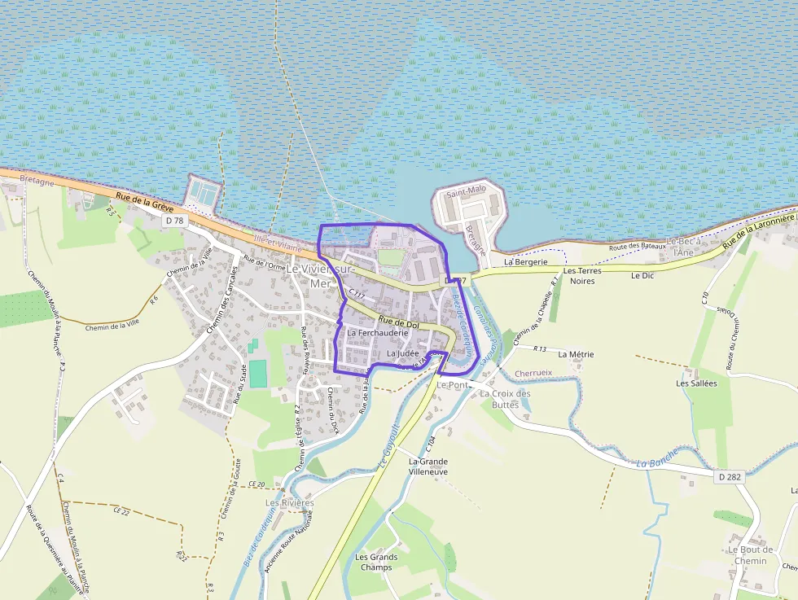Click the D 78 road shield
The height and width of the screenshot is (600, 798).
(173, 220)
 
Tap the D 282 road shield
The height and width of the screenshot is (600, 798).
(730, 476)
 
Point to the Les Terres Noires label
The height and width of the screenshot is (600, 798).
(581, 275)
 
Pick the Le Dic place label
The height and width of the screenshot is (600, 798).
(642, 275)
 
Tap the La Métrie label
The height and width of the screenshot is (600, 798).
(576, 354)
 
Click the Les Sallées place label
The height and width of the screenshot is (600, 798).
(696, 383)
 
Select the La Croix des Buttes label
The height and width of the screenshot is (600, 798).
(505, 399)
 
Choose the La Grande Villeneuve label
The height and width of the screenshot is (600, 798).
(427, 466)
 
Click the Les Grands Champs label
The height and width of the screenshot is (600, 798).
(376, 562)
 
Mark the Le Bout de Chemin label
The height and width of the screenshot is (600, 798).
(750, 554)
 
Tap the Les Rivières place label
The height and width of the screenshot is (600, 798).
(289, 503)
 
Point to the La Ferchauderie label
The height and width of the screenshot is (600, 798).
(377, 333)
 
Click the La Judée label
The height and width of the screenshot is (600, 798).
(402, 353)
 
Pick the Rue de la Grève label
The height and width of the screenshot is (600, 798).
(140, 201)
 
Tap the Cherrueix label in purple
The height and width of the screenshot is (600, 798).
(533, 374)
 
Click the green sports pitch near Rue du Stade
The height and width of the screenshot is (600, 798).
(257, 374)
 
